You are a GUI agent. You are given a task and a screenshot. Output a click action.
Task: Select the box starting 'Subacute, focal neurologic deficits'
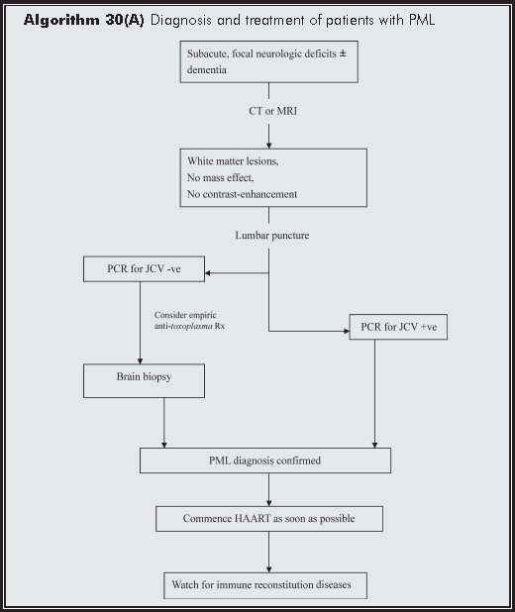[267, 62]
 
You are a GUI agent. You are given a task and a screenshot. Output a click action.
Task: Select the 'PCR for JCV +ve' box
[397, 326]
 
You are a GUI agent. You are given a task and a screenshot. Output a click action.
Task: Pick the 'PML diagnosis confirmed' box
[264, 460]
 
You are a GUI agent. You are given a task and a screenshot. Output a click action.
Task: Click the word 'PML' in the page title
[419, 20]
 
